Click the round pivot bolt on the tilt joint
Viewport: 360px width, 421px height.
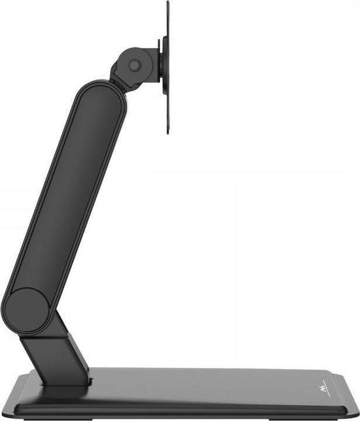tap(134, 65)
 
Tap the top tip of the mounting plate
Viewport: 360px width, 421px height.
tap(167, 3)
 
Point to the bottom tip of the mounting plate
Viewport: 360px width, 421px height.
tap(167, 132)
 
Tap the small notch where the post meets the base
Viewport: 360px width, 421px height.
tap(90, 382)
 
